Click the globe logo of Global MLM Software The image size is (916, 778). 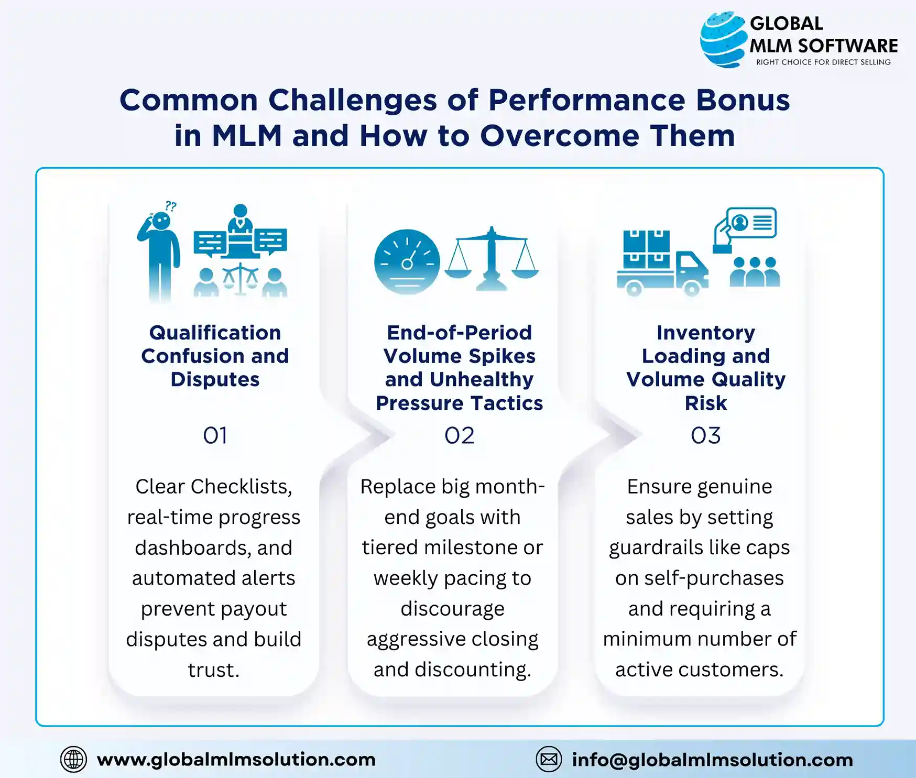point(723,39)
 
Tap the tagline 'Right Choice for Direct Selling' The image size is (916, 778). point(823,62)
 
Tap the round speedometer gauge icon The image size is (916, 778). point(407,261)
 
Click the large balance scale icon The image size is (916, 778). point(491,259)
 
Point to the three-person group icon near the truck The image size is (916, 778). point(755,272)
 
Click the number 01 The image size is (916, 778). point(215,436)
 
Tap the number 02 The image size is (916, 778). point(459,436)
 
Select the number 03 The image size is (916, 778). point(705,436)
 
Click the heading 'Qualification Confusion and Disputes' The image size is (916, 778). point(215,356)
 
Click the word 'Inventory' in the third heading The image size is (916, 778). point(705,333)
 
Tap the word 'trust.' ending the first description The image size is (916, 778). point(213,670)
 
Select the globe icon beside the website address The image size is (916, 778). point(73,759)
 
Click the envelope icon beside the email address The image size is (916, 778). point(549,759)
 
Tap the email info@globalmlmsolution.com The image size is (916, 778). point(712,760)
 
